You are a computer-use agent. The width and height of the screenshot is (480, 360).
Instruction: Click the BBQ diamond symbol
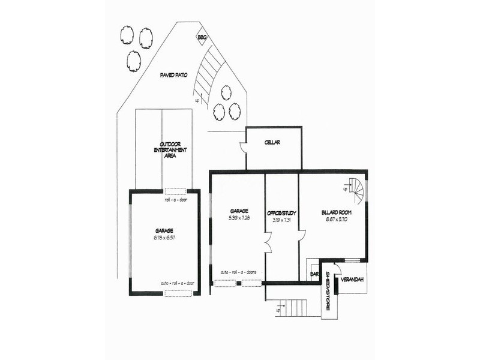pyautogui.click(x=202, y=38)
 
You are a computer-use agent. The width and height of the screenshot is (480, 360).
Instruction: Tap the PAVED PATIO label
pyautogui.click(x=174, y=76)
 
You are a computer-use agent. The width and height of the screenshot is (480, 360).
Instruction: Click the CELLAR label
pyautogui.click(x=272, y=143)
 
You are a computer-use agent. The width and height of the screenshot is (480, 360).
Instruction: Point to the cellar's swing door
pyautogui.click(x=243, y=148)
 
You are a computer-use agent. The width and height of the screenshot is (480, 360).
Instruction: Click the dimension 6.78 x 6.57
pyautogui.click(x=164, y=238)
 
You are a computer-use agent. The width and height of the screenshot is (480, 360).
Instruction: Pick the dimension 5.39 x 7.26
pyautogui.click(x=239, y=218)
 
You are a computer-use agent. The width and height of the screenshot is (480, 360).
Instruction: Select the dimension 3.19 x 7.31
pyautogui.click(x=282, y=219)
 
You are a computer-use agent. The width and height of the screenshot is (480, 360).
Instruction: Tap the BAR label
pyautogui.click(x=314, y=274)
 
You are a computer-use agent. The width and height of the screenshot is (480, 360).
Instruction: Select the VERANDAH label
pyautogui.click(x=351, y=280)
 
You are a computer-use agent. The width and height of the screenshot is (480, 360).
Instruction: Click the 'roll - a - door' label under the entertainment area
pyautogui.click(x=176, y=200)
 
